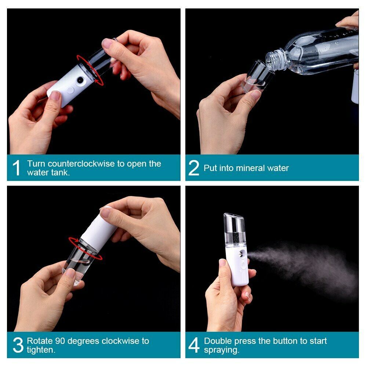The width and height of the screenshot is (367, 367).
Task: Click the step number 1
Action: pos(16,168)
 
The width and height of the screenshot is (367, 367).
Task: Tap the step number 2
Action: pos(193,168)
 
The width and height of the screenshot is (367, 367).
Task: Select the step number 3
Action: pos(18,345)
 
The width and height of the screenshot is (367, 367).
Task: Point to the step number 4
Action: pos(194,345)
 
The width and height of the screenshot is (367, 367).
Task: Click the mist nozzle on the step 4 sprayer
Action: pos(245,254)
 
